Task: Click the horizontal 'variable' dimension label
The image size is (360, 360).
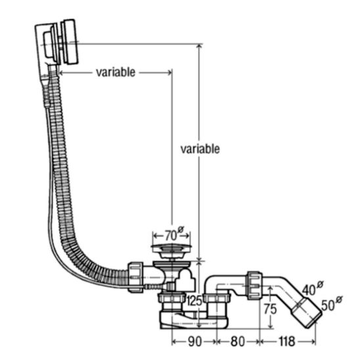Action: coord(116,72)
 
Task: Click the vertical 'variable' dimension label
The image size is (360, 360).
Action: coord(200,149)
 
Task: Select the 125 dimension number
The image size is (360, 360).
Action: coord(194,300)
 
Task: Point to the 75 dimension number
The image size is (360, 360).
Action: coord(270,309)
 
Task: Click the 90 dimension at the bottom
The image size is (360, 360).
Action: coord(194,342)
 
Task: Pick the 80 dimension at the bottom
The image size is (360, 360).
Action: coord(238,342)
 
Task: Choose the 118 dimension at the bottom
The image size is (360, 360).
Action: coord(287,342)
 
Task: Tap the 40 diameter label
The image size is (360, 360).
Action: coord(313,288)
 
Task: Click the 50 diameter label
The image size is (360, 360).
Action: coord(332,304)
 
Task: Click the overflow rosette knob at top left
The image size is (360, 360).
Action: coord(70,42)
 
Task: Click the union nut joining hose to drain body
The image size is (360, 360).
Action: coord(135,277)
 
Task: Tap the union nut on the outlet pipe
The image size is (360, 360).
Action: coord(254,286)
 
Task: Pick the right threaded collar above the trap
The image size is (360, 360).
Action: coord(216,298)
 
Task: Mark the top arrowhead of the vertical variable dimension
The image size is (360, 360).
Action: coord(199,47)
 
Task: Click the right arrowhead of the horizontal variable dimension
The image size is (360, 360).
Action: coord(169,72)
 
